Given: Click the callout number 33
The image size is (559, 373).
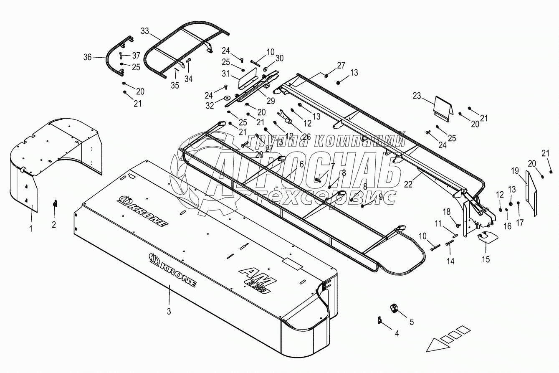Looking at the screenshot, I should (144, 31).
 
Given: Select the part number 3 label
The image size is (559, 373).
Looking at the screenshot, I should (169, 311).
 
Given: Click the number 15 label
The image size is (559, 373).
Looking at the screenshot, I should (486, 259).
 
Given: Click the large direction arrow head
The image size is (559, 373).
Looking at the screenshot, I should (436, 345).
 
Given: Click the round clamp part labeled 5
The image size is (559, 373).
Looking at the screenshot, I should (394, 309).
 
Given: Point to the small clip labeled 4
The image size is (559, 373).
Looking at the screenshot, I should (380, 320).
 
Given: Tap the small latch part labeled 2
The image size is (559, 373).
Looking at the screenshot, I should (55, 203).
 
